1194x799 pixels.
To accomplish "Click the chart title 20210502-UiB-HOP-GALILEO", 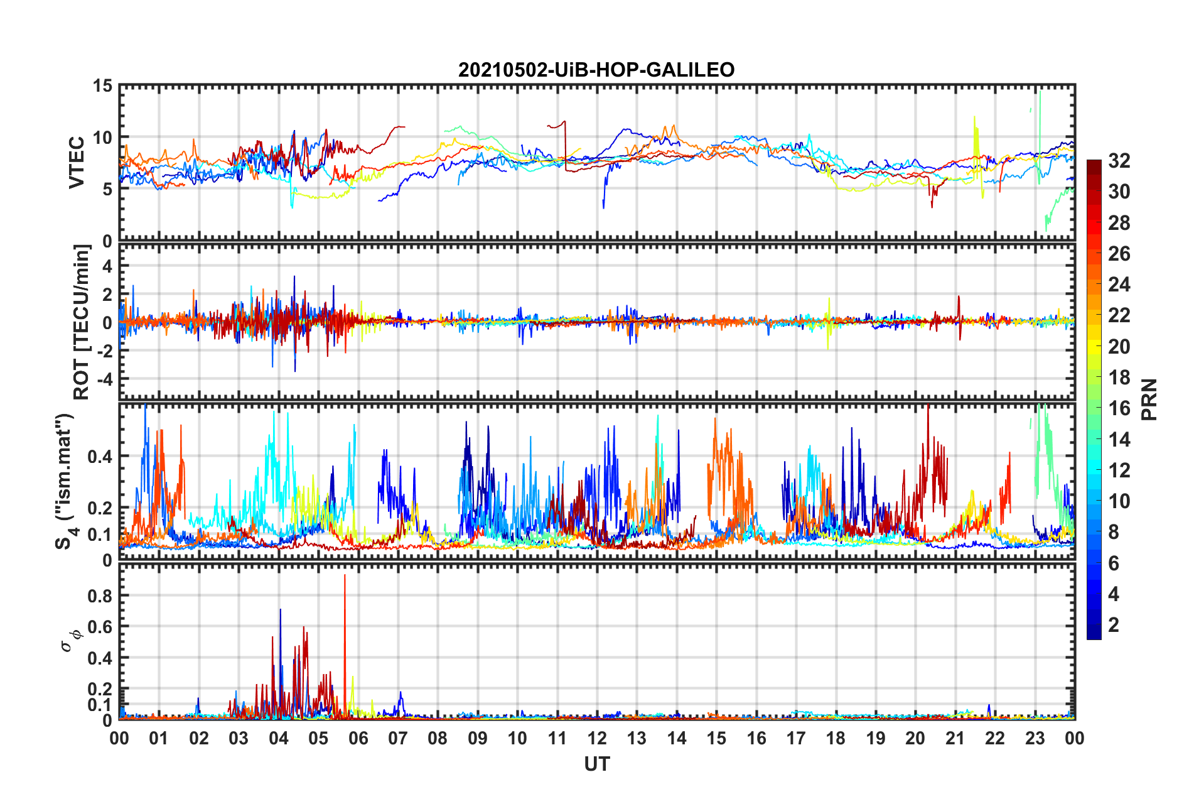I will click(596, 70).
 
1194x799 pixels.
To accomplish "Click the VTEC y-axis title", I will click(77, 162).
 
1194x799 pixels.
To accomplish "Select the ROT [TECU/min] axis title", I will click(82, 322).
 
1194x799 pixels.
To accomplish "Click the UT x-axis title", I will click(596, 764).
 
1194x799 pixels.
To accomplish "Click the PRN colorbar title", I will click(1149, 399).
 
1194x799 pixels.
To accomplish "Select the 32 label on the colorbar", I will click(1119, 161).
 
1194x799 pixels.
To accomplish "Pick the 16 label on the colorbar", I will click(1119, 408).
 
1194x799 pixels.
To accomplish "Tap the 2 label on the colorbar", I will click(1114, 625).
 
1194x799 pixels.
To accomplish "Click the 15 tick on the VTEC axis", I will click(102, 86).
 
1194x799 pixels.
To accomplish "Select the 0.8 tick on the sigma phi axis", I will click(100, 596).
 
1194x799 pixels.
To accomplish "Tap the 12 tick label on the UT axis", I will click(596, 738).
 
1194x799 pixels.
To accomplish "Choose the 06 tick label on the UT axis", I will click(358, 738).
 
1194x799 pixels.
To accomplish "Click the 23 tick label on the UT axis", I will click(1035, 738).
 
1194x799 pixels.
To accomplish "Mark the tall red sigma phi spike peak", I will click(345, 575).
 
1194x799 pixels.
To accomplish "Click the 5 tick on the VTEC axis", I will click(107, 190).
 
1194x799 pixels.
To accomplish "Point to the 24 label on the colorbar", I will click(1119, 285).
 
